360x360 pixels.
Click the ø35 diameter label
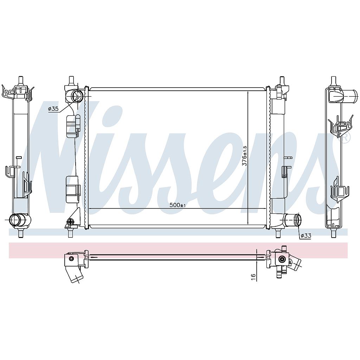tap(53, 109)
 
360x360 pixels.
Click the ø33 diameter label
tap(306, 235)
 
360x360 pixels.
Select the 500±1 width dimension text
tap(178, 205)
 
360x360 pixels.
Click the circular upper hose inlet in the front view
tap(77, 96)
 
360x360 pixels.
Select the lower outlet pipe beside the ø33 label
tap(292, 220)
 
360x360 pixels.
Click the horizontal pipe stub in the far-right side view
tap(349, 96)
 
